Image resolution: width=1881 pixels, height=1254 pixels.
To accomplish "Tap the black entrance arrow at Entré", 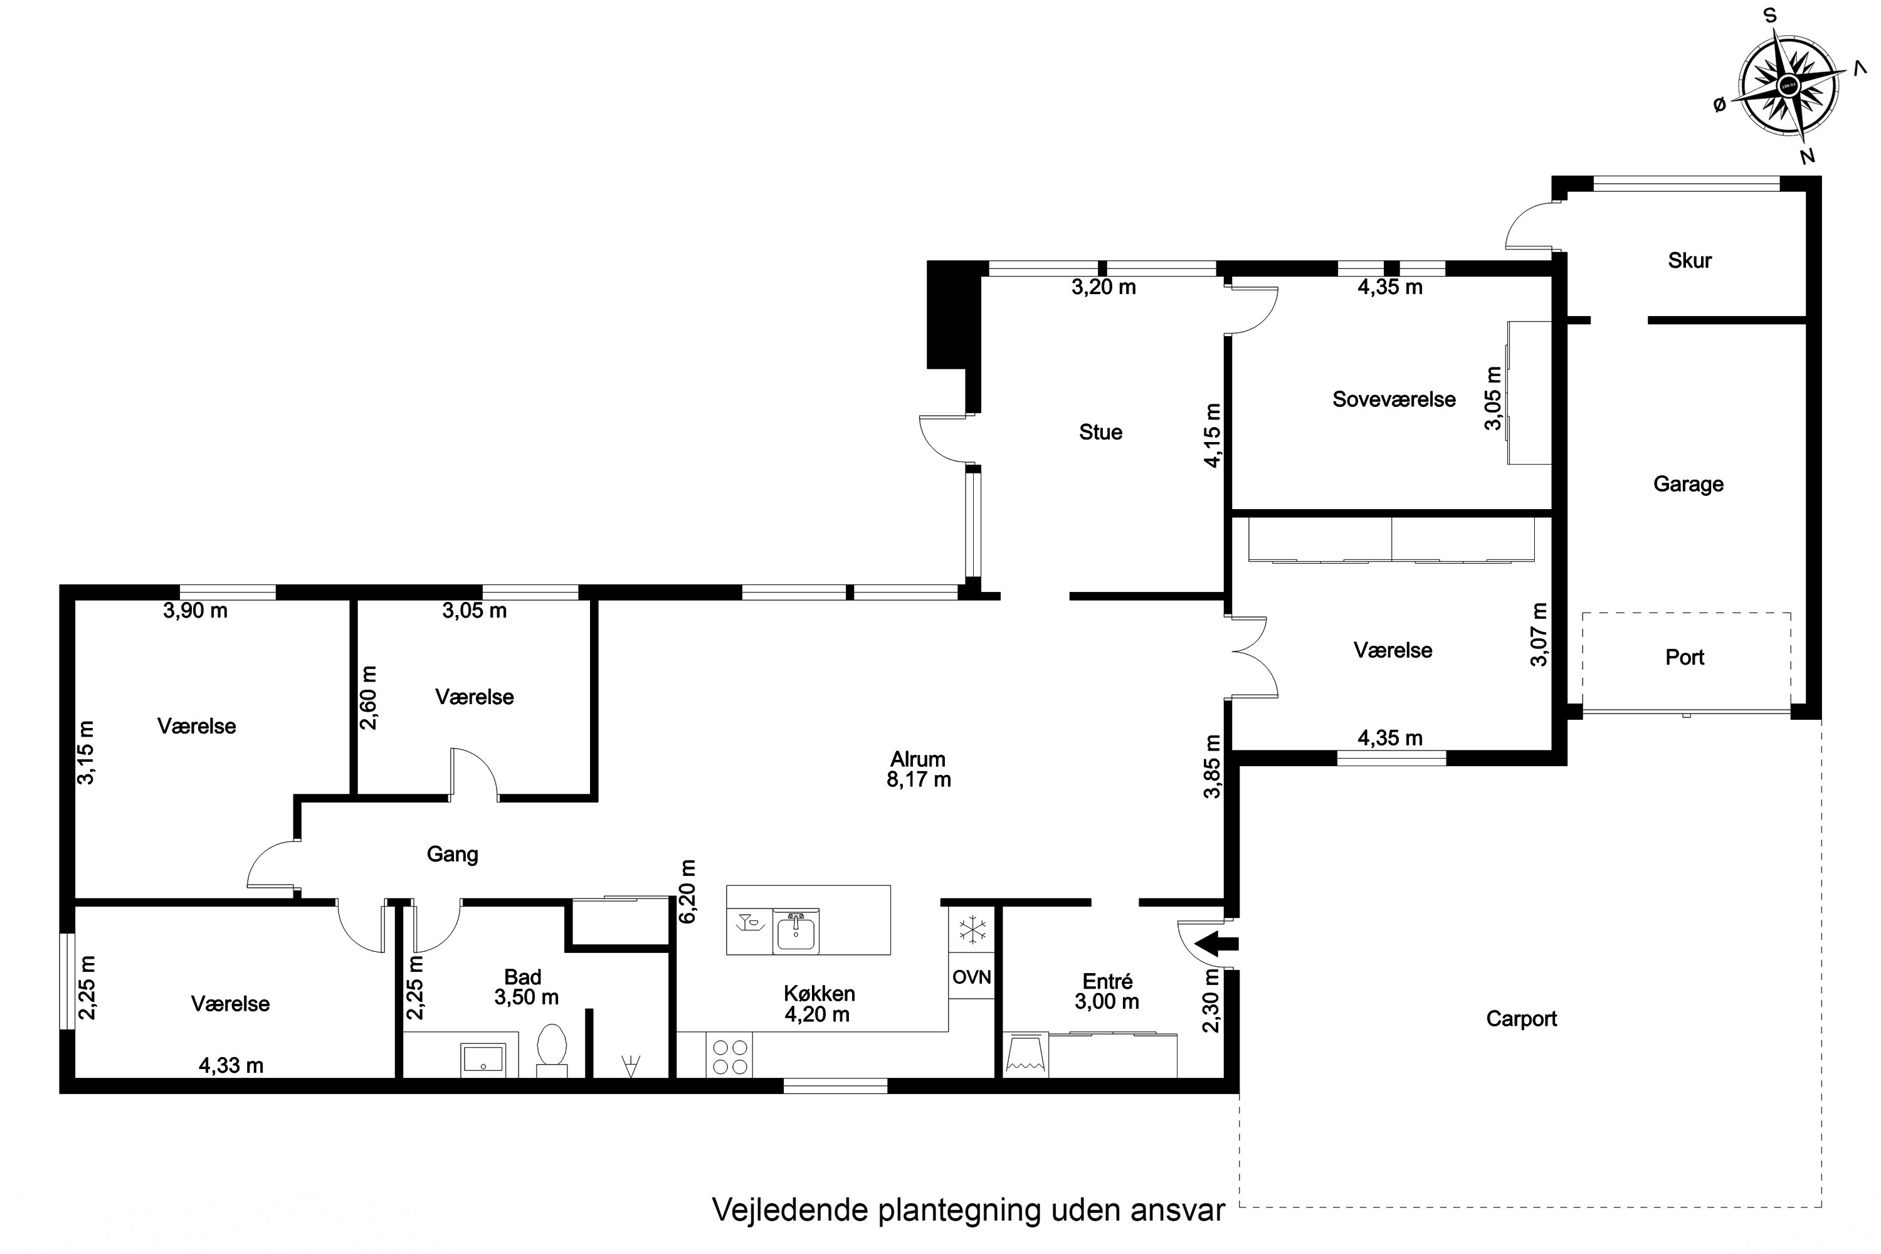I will point(1216,944).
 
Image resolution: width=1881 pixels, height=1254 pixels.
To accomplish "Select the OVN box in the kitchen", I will point(972,976).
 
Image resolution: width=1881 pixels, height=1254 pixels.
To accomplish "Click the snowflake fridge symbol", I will point(972,929).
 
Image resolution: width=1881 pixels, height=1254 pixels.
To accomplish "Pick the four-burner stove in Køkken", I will point(729,1056).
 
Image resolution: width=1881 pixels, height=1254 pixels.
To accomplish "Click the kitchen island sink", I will point(796,931).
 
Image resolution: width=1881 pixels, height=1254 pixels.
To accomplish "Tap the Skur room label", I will point(1689,261).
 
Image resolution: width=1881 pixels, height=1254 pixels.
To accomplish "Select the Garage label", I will point(1687,485).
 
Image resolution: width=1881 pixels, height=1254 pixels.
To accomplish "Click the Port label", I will point(1684,657).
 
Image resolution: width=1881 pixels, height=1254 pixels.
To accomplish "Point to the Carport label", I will point(1521,1019).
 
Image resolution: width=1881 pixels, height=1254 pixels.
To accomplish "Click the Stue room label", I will point(1100,433).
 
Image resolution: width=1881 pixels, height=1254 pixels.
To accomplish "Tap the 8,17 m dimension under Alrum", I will point(918,780).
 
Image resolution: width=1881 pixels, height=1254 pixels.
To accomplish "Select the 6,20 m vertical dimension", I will point(687,891).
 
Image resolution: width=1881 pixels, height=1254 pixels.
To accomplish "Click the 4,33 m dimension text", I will point(231,1065).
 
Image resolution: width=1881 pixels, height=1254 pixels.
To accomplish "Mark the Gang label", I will point(453,854).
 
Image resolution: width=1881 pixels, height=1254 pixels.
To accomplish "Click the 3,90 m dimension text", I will point(195,611).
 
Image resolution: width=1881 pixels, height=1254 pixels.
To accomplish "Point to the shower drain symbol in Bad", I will point(630,1065).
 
